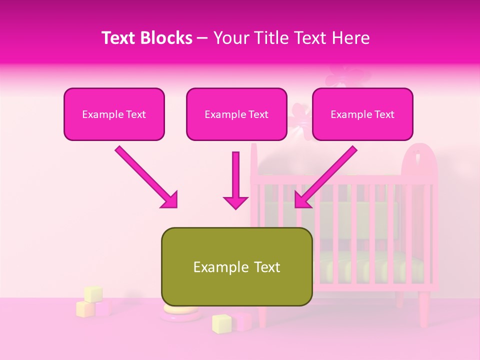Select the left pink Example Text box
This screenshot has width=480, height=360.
(114, 114)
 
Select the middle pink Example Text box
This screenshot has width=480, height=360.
(236, 114)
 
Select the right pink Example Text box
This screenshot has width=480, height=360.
(362, 114)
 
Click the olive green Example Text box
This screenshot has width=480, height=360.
(236, 266)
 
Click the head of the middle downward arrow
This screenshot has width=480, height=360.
(235, 202)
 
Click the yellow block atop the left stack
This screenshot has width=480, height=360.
(93, 294)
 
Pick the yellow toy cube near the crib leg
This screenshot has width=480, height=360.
(221, 323)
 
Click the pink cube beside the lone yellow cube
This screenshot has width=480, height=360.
(243, 321)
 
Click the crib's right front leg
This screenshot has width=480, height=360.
(424, 310)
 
